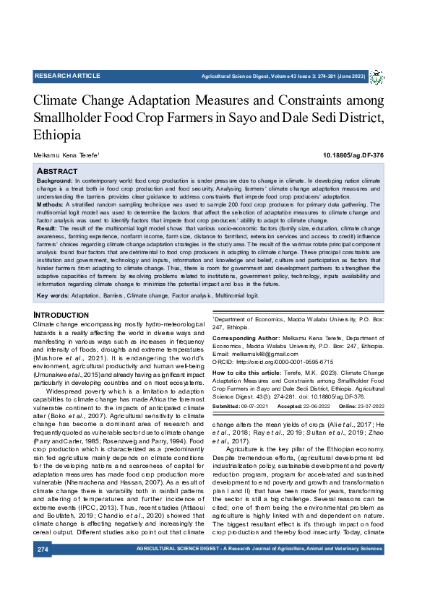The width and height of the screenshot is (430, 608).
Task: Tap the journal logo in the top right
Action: coord(377,77)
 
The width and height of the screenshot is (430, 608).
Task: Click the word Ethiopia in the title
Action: coord(57,135)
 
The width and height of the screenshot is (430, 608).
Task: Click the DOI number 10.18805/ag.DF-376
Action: coord(353,155)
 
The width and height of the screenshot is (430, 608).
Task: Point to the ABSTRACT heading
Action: coord(57,171)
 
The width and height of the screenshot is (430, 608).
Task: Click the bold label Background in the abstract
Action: coord(54,179)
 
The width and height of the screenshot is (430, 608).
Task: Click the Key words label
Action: coord(52,296)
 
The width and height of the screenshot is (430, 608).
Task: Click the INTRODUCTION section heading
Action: coord(61,316)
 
